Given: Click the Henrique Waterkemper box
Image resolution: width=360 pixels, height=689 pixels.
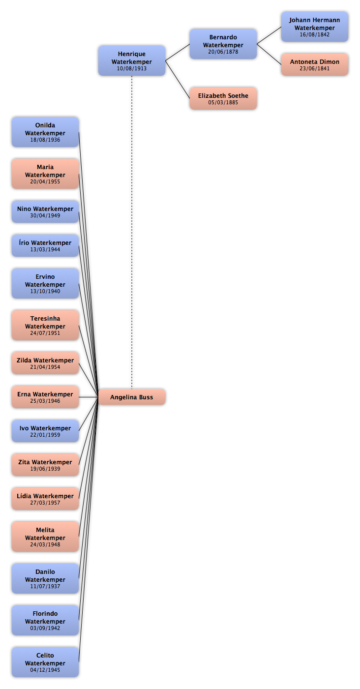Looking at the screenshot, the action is pos(132,60).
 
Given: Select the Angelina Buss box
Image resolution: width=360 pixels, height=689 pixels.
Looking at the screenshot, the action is pos(132,397).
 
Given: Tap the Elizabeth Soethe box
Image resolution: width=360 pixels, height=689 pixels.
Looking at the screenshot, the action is pos(223,98).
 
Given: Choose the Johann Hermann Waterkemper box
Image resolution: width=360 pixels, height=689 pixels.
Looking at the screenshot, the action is pos(314,27).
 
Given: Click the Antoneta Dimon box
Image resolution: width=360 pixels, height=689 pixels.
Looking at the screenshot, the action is pos(314,64).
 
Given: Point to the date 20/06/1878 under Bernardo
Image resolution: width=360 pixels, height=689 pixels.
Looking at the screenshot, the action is pos(223,52).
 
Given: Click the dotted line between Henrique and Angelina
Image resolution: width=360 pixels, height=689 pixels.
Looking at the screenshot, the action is pos(132,232).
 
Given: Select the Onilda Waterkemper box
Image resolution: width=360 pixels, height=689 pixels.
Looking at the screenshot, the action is pos(45,132).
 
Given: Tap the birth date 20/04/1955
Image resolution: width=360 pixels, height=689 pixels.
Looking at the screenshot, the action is pos(45,181).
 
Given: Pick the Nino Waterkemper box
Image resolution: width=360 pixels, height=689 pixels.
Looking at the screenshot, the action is pos(45,211).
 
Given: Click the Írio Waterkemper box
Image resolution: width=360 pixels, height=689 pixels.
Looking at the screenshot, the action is pos(45,245).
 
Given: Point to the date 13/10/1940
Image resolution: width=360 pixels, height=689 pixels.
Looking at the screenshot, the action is pos(45,291).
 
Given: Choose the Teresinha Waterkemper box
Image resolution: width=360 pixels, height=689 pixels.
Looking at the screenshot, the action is pos(45,325).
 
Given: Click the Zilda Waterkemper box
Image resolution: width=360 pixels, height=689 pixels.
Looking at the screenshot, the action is pos(45,363).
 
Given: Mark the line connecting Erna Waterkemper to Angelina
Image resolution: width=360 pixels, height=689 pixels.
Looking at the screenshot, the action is pos(89,397).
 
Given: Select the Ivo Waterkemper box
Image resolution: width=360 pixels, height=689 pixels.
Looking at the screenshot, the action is pos(45,431).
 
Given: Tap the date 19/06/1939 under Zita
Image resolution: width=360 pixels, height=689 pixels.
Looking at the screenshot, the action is pos(45,469).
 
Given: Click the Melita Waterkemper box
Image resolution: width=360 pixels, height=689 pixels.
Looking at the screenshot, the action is pos(45,537).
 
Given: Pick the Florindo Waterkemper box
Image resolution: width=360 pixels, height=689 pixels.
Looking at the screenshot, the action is pos(45,620).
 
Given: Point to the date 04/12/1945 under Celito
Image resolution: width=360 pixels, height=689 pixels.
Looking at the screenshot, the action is pos(45,670).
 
